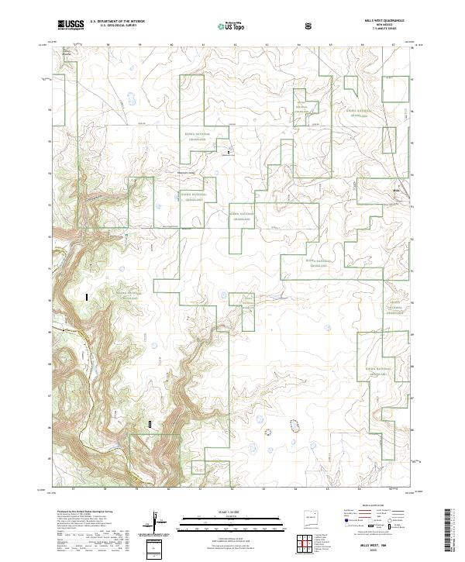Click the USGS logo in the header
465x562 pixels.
[x=71, y=25]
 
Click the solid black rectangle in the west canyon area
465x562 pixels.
[x=87, y=296]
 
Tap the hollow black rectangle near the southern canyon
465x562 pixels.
[x=150, y=423]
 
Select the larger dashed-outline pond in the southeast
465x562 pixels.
[x=294, y=425]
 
